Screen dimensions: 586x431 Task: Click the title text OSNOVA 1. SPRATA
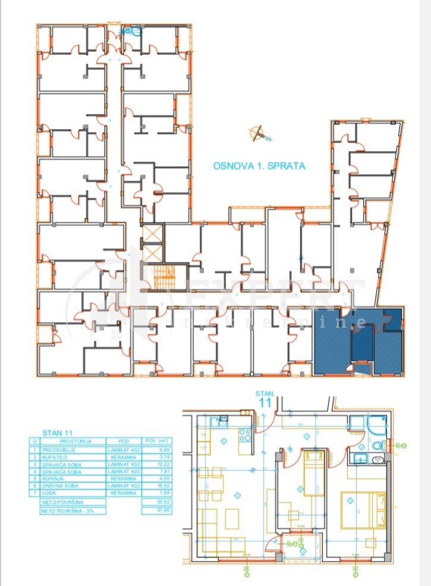point(259,166)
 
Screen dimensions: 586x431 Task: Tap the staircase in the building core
point(162,276)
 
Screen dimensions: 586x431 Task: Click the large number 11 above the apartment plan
point(265,402)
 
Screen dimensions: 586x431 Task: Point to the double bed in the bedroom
point(362,509)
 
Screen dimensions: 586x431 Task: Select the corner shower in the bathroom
point(376,425)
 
